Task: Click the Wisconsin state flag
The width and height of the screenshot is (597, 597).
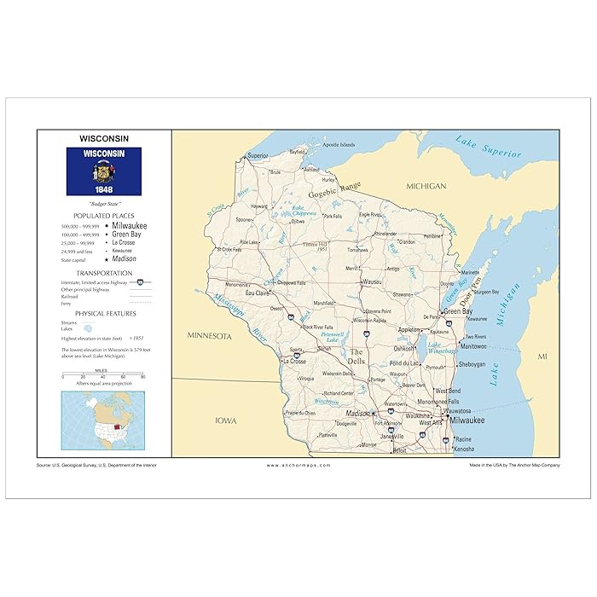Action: pos(104,171)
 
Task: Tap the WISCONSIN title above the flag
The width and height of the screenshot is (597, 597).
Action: pos(104,137)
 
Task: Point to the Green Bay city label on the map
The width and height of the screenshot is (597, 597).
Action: pos(457,311)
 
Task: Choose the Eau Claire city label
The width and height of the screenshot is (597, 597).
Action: pos(258,293)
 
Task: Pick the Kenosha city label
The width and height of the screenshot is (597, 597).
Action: pos(464,448)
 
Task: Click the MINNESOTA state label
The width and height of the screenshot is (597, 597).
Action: pos(210,337)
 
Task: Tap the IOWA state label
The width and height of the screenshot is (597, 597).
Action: pos(226,420)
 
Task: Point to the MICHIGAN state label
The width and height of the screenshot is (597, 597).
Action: pos(426,185)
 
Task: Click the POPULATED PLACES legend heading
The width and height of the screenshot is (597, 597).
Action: pos(103,216)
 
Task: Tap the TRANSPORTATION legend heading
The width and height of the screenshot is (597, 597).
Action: pos(103,273)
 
